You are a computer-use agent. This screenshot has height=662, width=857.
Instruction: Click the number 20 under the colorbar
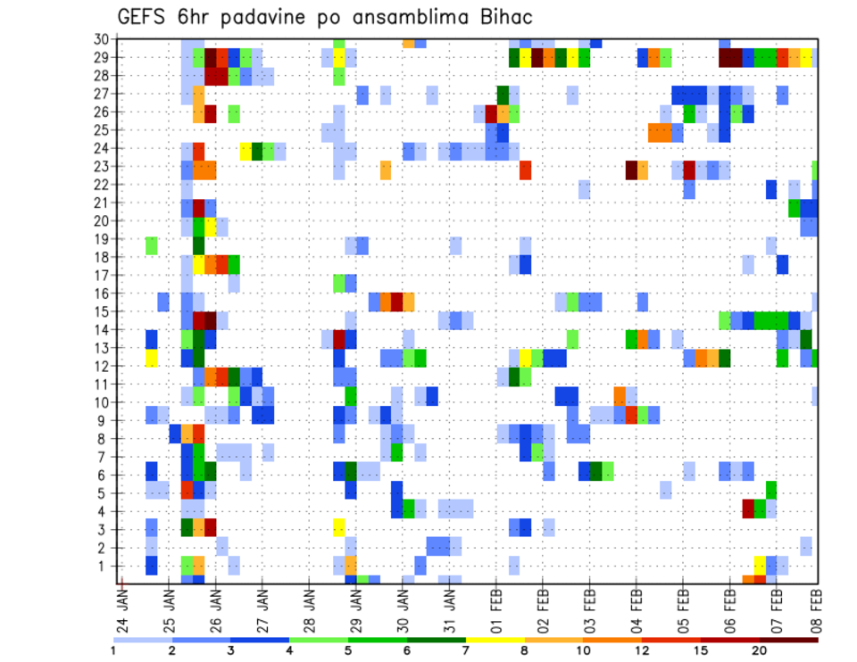pyautogui.click(x=759, y=652)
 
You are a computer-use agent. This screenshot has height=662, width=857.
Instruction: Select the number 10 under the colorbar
pyautogui.click(x=583, y=652)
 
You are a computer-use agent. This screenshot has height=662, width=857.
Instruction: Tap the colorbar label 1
pyautogui.click(x=113, y=652)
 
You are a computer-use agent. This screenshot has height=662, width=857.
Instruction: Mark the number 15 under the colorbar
pyautogui.click(x=700, y=652)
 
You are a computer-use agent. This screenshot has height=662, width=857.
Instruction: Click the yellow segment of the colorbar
pyautogui.click(x=495, y=640)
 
